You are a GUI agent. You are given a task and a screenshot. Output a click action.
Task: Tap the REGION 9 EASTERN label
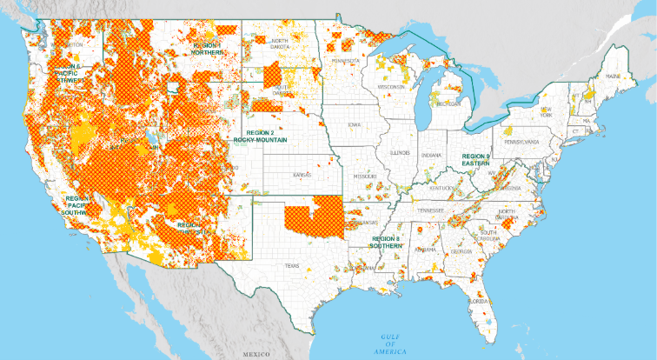(x=475, y=158)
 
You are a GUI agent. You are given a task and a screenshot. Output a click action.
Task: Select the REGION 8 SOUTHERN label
(x=386, y=241)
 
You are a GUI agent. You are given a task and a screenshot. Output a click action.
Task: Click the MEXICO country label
(x=256, y=355)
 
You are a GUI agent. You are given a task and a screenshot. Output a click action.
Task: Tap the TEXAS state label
(x=290, y=265)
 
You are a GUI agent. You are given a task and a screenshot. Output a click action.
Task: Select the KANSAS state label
(x=302, y=175)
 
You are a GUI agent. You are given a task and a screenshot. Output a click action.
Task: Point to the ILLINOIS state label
(x=401, y=152)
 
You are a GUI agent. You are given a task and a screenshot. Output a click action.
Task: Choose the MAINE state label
(x=614, y=77)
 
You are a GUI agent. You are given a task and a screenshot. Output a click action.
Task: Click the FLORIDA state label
(x=477, y=301)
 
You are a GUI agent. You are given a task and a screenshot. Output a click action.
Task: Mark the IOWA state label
(x=354, y=124)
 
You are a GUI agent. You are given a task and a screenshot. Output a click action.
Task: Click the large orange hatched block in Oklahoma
(x=314, y=217)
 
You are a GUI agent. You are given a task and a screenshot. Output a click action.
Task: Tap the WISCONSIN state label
(x=391, y=87)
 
